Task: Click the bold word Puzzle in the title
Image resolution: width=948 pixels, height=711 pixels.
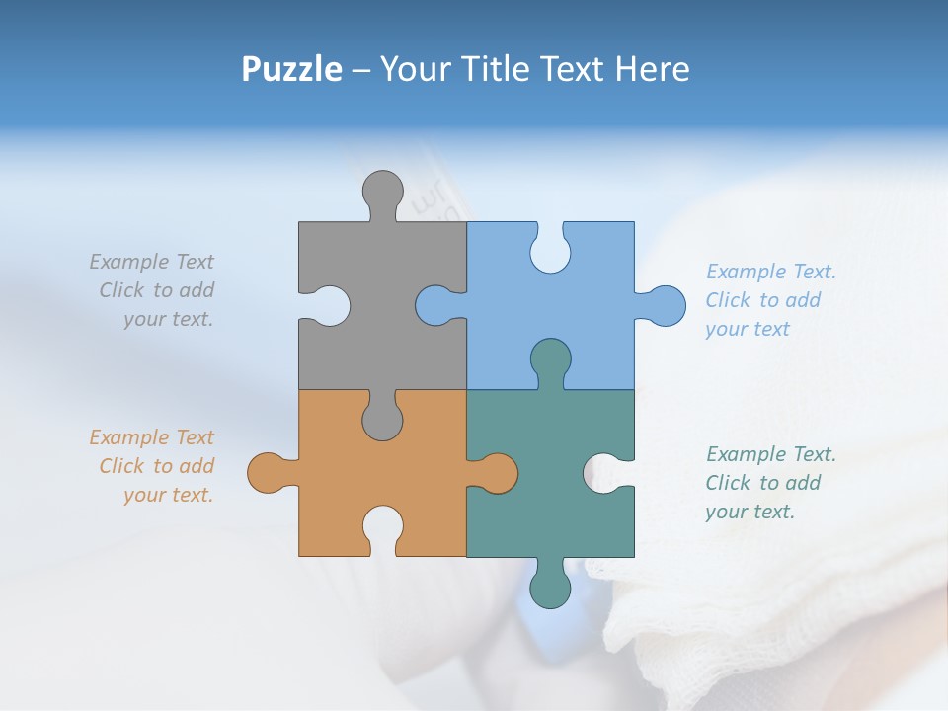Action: [291, 69]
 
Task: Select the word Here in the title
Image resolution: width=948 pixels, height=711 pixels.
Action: [652, 69]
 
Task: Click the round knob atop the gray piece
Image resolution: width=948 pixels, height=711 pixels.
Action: [382, 191]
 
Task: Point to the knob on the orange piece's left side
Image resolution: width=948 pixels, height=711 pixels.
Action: [268, 473]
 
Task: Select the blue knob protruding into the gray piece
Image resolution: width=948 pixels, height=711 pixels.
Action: [435, 305]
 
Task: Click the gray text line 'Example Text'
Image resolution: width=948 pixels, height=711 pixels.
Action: [151, 262]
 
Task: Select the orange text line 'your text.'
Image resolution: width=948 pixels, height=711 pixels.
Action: [168, 495]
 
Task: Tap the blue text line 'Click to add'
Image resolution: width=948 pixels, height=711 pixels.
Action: [762, 300]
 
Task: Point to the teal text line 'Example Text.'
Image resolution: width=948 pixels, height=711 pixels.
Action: [770, 454]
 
